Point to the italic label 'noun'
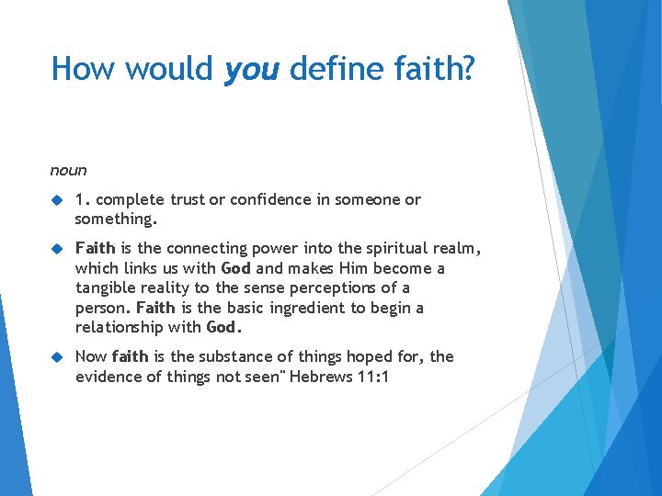pos(69,170)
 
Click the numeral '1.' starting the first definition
pos(83,199)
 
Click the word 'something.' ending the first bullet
pos(117,220)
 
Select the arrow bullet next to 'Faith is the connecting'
pos(56,249)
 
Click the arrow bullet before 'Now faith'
pos(56,357)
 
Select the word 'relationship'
pos(119,328)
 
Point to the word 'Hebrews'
pos(322,377)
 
